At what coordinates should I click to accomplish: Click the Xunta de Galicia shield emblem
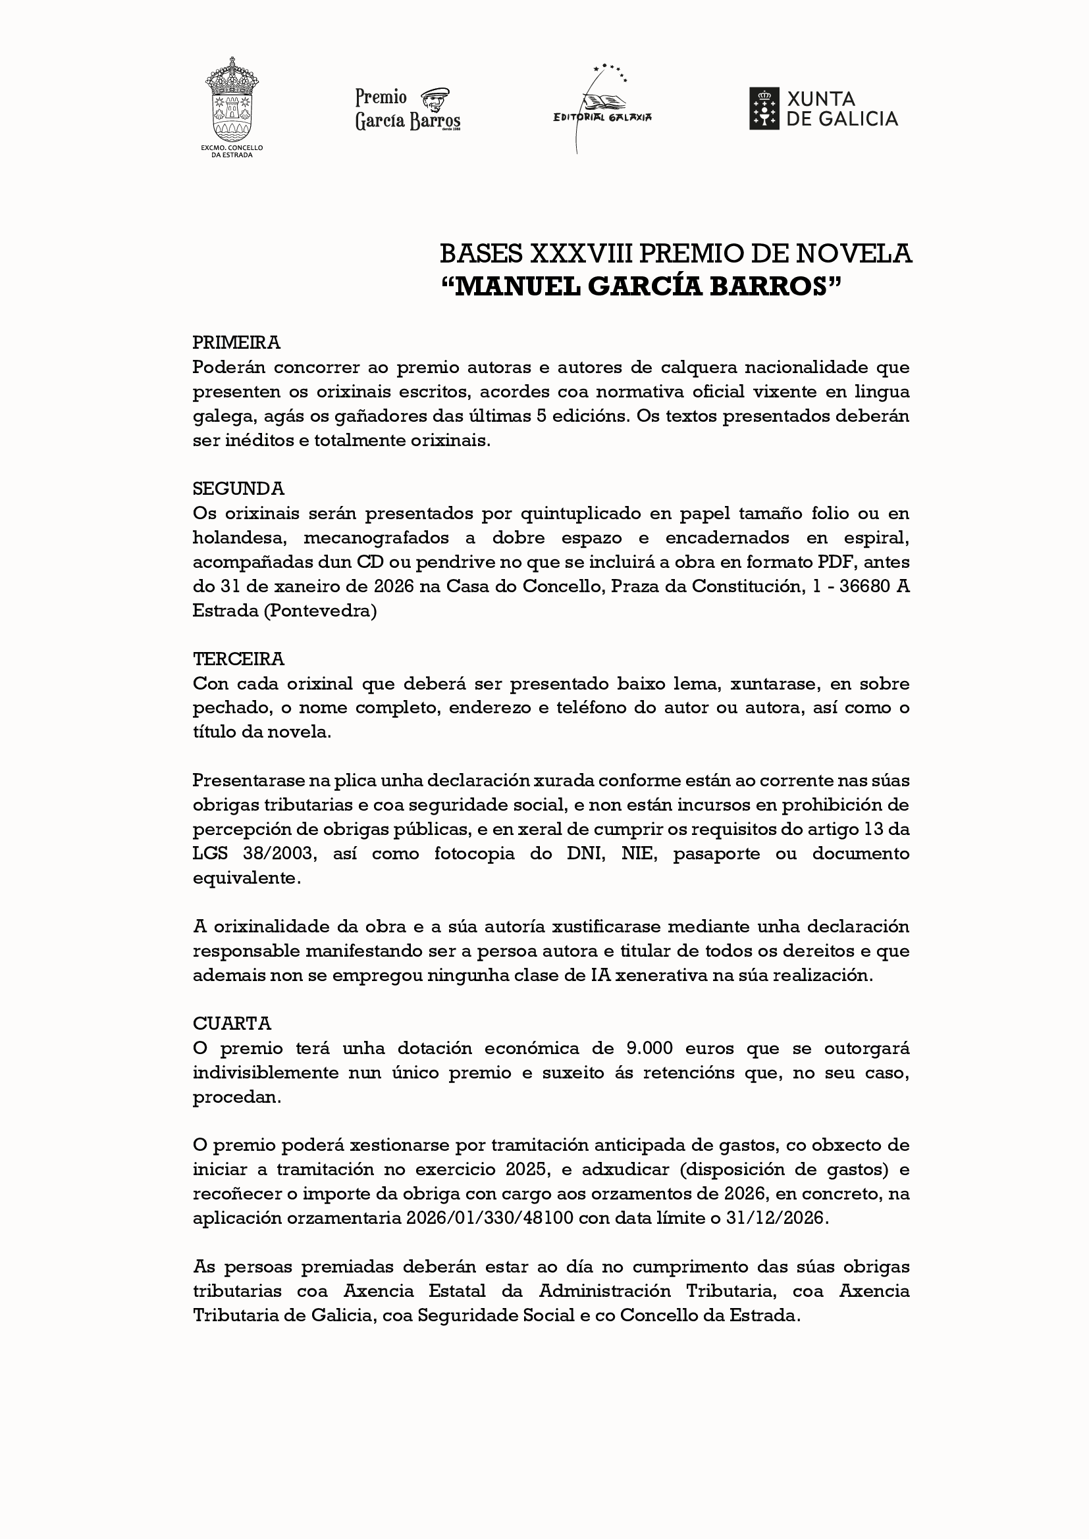(x=764, y=109)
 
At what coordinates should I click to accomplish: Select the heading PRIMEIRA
(x=236, y=343)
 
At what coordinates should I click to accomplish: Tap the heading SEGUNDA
(x=238, y=489)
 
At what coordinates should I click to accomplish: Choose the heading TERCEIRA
(x=238, y=659)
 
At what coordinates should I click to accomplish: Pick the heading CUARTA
(x=231, y=1024)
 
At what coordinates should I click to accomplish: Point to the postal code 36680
(x=864, y=586)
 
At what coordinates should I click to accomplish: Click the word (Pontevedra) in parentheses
(x=321, y=611)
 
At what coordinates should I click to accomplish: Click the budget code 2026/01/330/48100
(x=489, y=1218)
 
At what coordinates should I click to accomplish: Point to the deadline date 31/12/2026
(x=776, y=1218)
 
